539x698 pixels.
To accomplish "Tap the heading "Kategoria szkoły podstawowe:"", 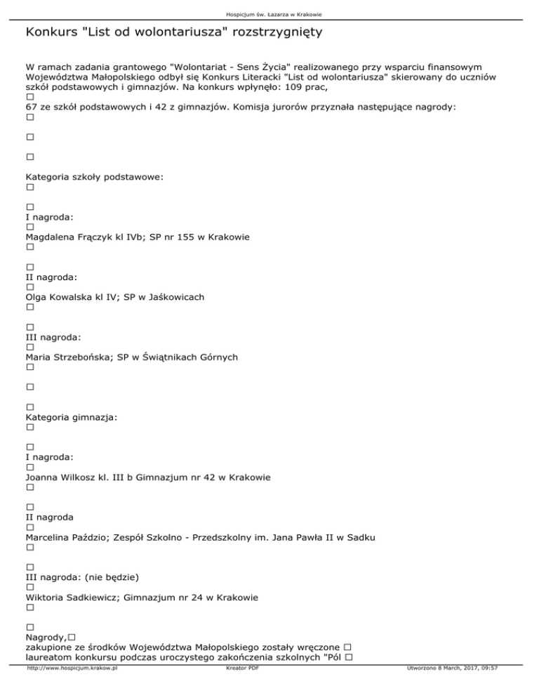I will (94, 178).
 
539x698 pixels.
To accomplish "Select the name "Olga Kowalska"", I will (61, 297).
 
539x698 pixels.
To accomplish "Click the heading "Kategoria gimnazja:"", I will (71, 417).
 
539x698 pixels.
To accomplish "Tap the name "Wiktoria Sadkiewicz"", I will (72, 598).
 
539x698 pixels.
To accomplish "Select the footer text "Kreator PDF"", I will (235, 689).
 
